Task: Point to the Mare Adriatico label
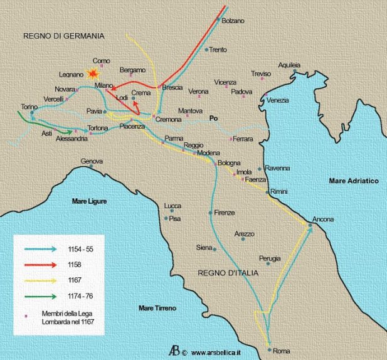354,181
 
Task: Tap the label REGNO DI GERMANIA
63,36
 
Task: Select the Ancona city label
324,220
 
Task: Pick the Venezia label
278,100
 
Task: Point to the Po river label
213,117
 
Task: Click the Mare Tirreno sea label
157,308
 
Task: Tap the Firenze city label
224,213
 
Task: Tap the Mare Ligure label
89,201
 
